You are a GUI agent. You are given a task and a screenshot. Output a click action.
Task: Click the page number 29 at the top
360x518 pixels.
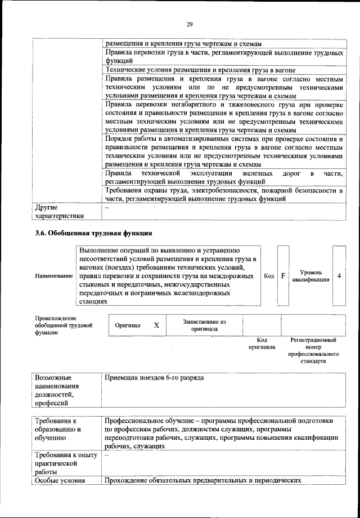[190, 24]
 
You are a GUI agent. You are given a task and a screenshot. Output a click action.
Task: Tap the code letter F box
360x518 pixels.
[283, 276]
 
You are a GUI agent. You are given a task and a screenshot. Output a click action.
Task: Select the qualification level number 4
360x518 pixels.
[339, 276]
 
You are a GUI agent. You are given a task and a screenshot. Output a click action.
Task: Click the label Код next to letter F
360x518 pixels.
[269, 276]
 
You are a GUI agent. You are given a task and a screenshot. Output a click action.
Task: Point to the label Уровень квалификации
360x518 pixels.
[311, 276]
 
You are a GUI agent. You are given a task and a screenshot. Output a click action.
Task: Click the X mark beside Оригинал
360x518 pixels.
[156, 325]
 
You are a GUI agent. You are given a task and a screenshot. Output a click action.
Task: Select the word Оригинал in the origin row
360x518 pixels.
[128, 325]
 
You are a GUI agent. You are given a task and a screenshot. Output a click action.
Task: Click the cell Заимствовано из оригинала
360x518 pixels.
[204, 325]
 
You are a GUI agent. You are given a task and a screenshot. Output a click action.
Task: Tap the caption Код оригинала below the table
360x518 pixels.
[262, 343]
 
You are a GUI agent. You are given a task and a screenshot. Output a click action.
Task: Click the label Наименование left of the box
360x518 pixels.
[54, 276]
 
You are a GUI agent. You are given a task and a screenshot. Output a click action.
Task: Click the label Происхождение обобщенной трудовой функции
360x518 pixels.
[64, 325]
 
